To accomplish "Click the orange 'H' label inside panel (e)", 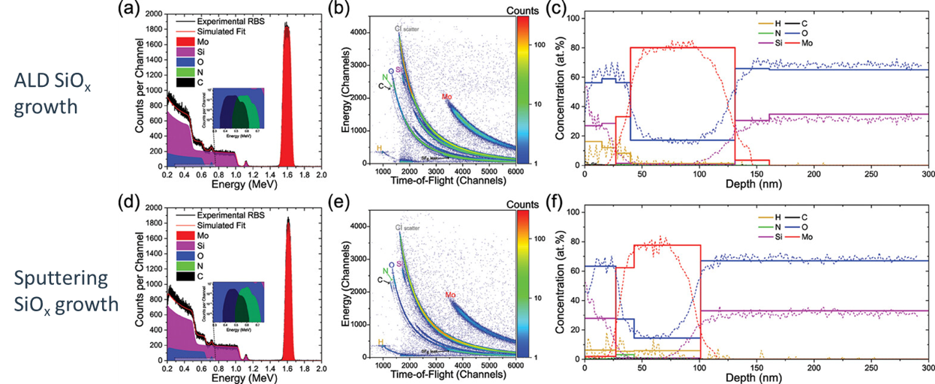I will pos(380,343).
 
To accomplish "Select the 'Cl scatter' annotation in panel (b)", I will pos(407,28).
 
